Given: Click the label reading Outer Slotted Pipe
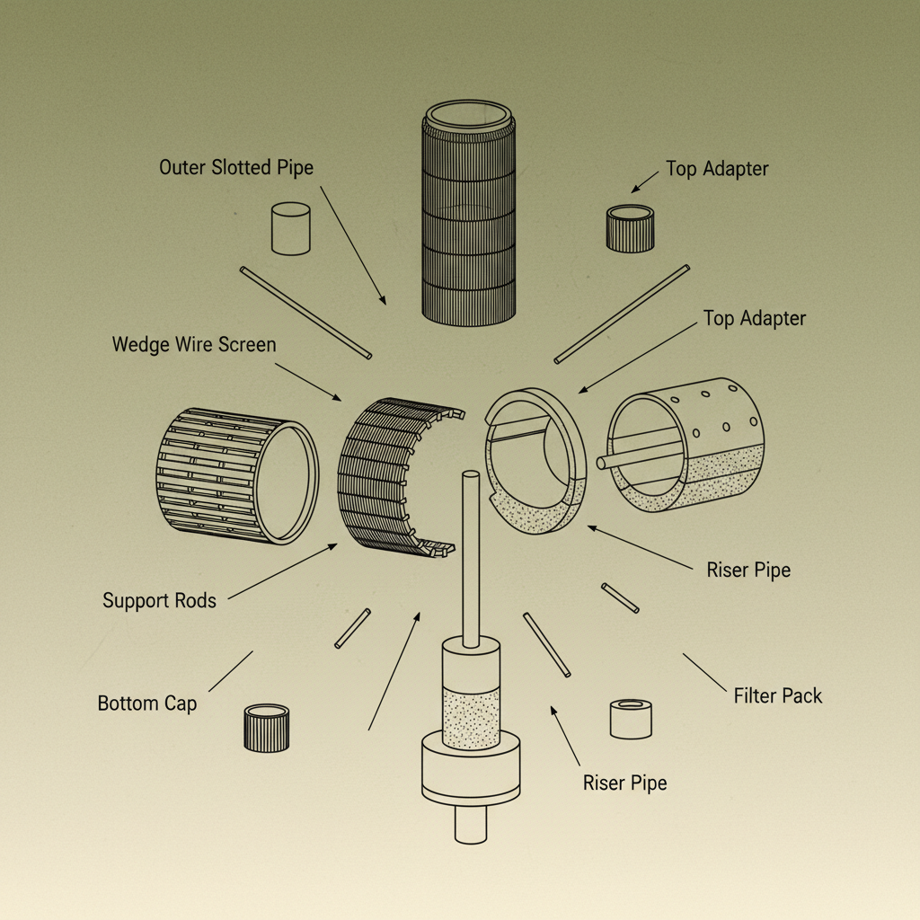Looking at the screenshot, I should (x=236, y=167).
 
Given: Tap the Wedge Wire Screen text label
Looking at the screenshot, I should (x=194, y=344).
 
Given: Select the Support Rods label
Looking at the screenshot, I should (x=159, y=600).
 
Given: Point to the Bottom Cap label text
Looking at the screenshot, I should (x=146, y=703).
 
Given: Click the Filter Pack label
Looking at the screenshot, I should (x=777, y=695).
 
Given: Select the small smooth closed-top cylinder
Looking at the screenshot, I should (x=290, y=228).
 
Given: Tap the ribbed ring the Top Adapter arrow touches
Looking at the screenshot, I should (x=630, y=228).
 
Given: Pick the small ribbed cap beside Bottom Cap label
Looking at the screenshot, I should (x=267, y=727).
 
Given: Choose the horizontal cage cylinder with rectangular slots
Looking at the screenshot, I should (x=235, y=476).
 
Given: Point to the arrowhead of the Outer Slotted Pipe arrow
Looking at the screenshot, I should (x=384, y=302).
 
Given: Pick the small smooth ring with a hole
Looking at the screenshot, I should (x=631, y=718).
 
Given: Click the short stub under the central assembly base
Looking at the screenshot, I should (x=470, y=823).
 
